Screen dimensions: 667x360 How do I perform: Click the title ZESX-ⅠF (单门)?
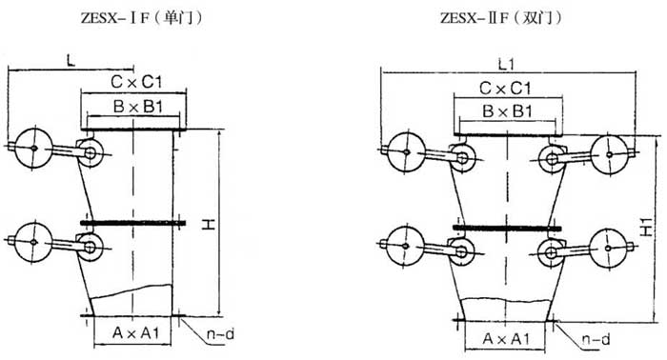pos(141,18)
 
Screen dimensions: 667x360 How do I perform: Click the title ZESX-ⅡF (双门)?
pos(500,18)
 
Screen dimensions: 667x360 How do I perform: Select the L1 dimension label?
pos(506,65)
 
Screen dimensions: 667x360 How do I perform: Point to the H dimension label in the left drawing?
pos(208,224)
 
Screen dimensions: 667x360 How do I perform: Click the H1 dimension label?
pos(646,227)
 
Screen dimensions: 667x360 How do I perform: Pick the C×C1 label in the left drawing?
pos(136,82)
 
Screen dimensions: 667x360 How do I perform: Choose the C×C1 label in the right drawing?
pos(505,89)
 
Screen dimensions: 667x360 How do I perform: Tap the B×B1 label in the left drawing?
pos(138,107)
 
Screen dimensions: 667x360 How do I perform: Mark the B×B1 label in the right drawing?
pos(507,111)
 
